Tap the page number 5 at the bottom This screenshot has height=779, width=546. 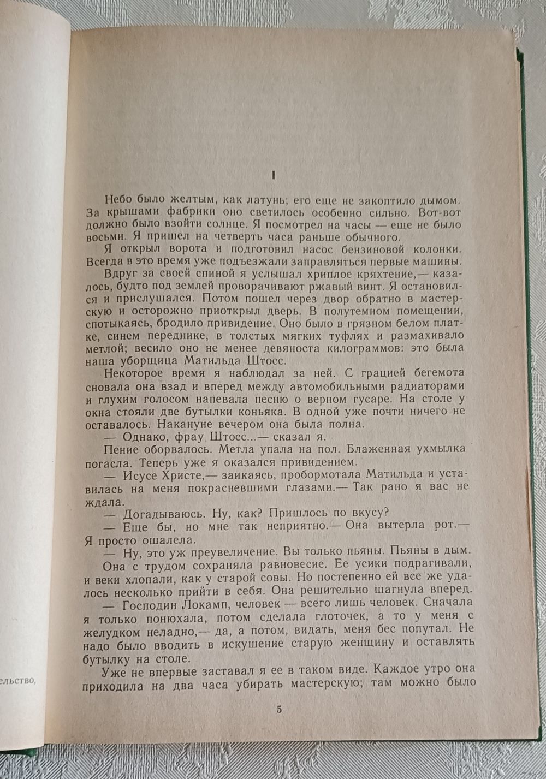pyautogui.click(x=279, y=710)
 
